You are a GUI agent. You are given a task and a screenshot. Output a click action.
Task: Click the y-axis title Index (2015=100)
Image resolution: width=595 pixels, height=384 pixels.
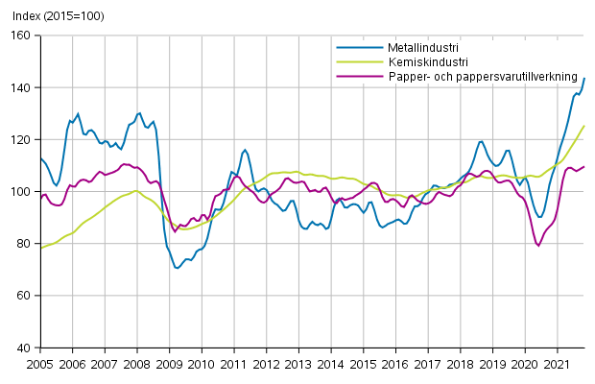pos(54,16)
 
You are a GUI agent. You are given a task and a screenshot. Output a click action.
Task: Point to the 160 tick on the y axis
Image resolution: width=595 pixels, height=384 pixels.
pos(21,36)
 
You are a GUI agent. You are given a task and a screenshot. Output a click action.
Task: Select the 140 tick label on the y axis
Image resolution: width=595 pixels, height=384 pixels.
pos(21,87)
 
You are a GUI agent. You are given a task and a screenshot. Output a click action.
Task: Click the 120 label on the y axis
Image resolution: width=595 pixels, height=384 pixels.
pos(21,140)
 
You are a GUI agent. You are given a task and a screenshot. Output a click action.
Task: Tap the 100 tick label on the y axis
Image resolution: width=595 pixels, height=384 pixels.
pos(21,192)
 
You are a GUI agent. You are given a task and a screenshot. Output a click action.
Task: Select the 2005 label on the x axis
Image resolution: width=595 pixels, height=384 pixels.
pos(40,365)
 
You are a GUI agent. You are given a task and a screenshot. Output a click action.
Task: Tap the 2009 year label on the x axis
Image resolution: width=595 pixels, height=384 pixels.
pos(169,365)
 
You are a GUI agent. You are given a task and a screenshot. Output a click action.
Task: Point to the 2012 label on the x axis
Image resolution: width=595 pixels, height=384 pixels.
pos(267,365)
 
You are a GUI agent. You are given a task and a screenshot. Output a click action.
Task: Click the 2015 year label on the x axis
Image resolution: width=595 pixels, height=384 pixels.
pos(364,365)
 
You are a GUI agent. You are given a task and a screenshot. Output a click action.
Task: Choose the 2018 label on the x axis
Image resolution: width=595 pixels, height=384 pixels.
pos(461,365)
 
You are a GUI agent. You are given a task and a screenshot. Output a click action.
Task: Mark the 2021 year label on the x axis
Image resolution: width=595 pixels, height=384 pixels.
pos(558,365)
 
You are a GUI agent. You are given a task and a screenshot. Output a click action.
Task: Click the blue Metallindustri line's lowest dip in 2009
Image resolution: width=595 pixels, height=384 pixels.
pos(178,268)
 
